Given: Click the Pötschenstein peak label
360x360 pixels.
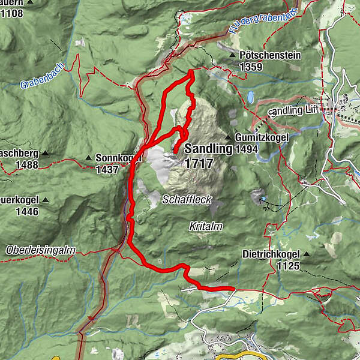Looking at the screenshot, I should click(269, 55).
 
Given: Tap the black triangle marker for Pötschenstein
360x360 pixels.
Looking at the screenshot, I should click(233, 55).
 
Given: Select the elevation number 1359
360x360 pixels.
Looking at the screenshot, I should click(251, 67).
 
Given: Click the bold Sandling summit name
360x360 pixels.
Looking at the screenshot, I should click(208, 149).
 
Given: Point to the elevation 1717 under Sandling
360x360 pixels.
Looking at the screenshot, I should click(199, 163).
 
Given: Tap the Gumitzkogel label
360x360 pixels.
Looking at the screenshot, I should click(262, 137).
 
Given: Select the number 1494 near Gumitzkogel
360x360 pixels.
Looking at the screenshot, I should click(247, 149).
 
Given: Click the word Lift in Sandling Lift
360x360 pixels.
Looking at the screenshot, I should click(310, 110).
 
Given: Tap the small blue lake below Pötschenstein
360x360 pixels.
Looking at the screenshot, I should click(250, 97).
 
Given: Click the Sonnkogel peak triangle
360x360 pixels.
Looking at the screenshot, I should click(89, 158).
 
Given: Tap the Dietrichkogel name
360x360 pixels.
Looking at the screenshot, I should click(271, 254).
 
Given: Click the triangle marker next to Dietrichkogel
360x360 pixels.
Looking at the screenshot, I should click(307, 254).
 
